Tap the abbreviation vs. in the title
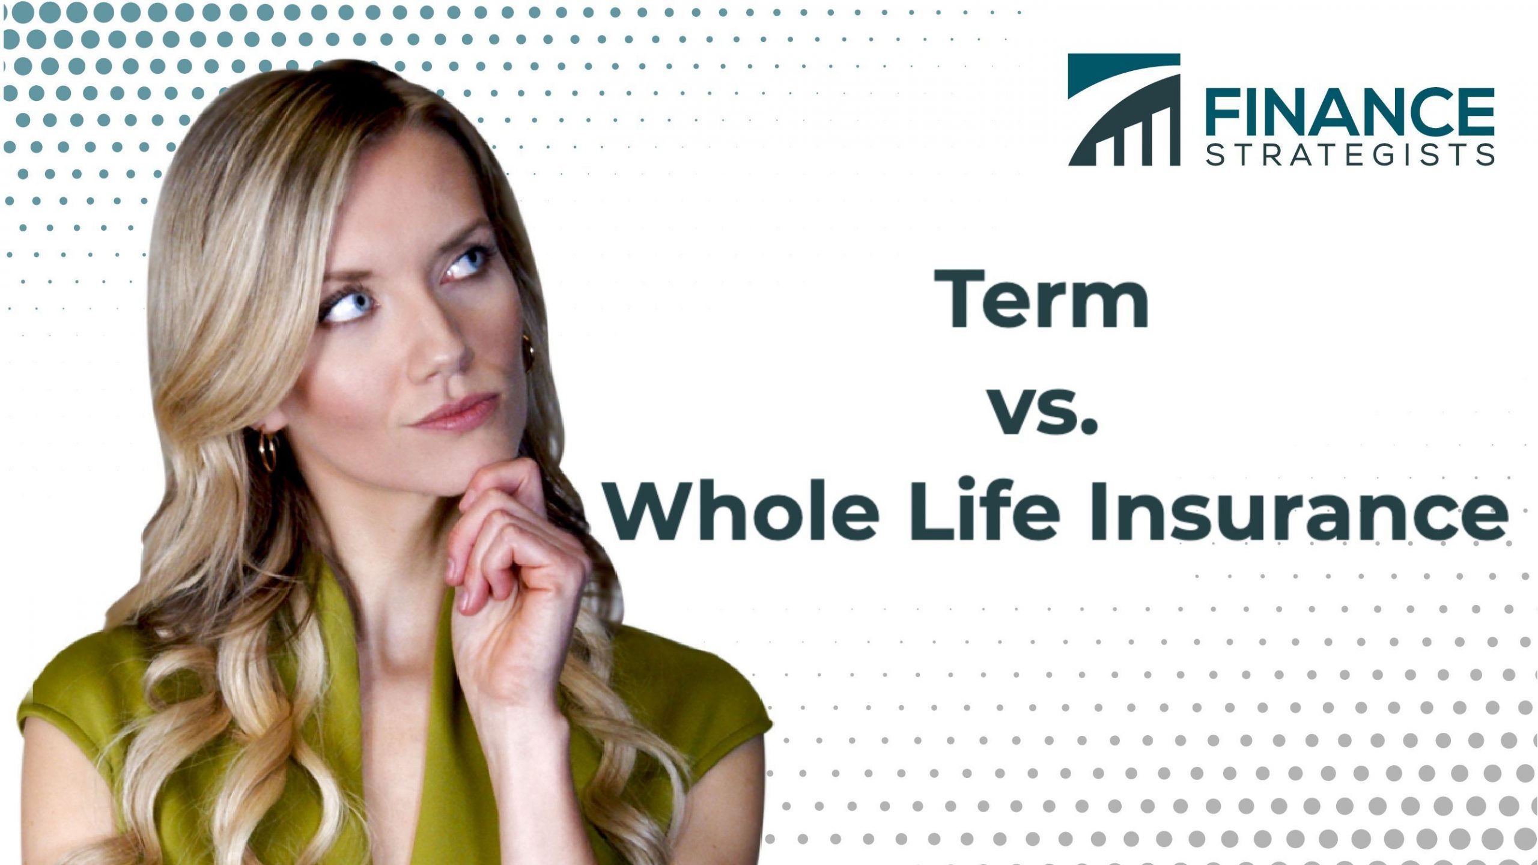coord(1044,410)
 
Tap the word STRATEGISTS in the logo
coord(1349,154)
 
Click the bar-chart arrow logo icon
coord(1123,109)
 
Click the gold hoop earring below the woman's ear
coord(268,451)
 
